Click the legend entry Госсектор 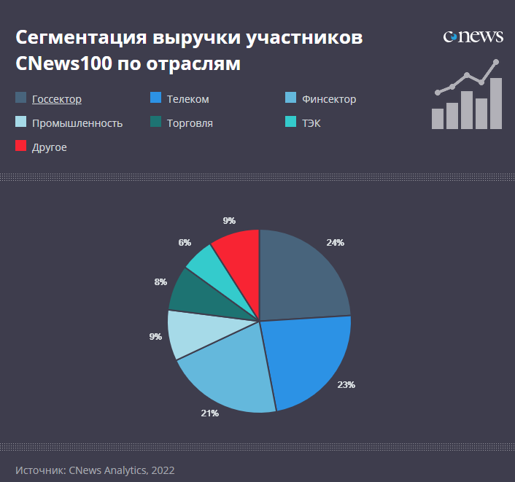56,99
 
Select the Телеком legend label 187,99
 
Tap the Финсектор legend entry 328,99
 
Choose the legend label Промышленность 77,123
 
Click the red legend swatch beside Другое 21,146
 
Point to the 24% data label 336,242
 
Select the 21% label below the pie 209,413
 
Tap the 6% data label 185,243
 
